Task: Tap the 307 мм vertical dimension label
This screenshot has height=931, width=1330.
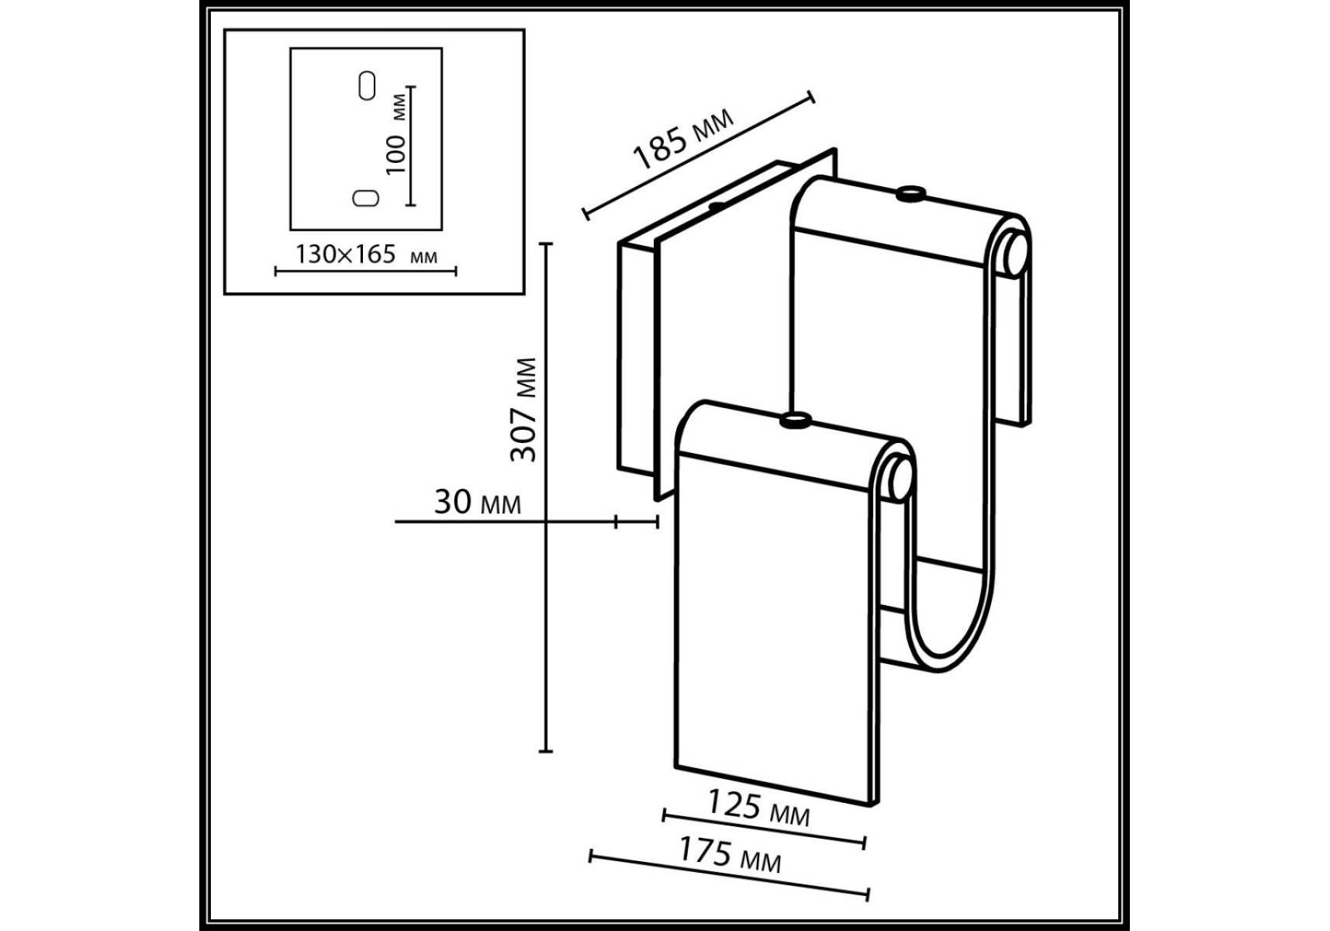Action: [524, 410]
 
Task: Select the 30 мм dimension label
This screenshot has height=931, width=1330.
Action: [478, 502]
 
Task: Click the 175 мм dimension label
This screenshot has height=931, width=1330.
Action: [730, 854]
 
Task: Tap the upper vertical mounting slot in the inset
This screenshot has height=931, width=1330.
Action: [367, 85]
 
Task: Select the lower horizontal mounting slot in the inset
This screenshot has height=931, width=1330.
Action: [365, 198]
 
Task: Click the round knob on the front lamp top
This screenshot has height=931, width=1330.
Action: [795, 421]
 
